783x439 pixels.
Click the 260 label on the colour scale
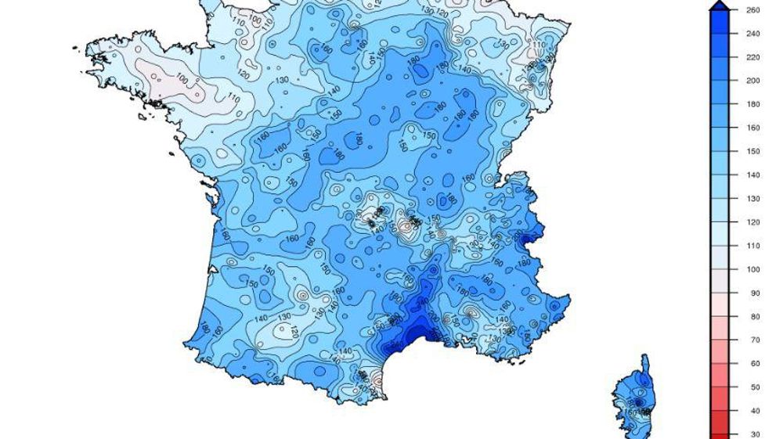(753, 10)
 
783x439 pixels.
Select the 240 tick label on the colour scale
(753, 34)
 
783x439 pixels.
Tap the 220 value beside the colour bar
(753, 57)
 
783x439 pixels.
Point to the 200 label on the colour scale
(753, 81)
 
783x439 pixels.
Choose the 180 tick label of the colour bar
(753, 104)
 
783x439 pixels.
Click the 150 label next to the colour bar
(753, 152)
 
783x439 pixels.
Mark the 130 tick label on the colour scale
(753, 199)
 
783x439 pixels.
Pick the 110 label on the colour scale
(753, 246)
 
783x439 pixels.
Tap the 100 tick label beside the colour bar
(753, 269)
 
